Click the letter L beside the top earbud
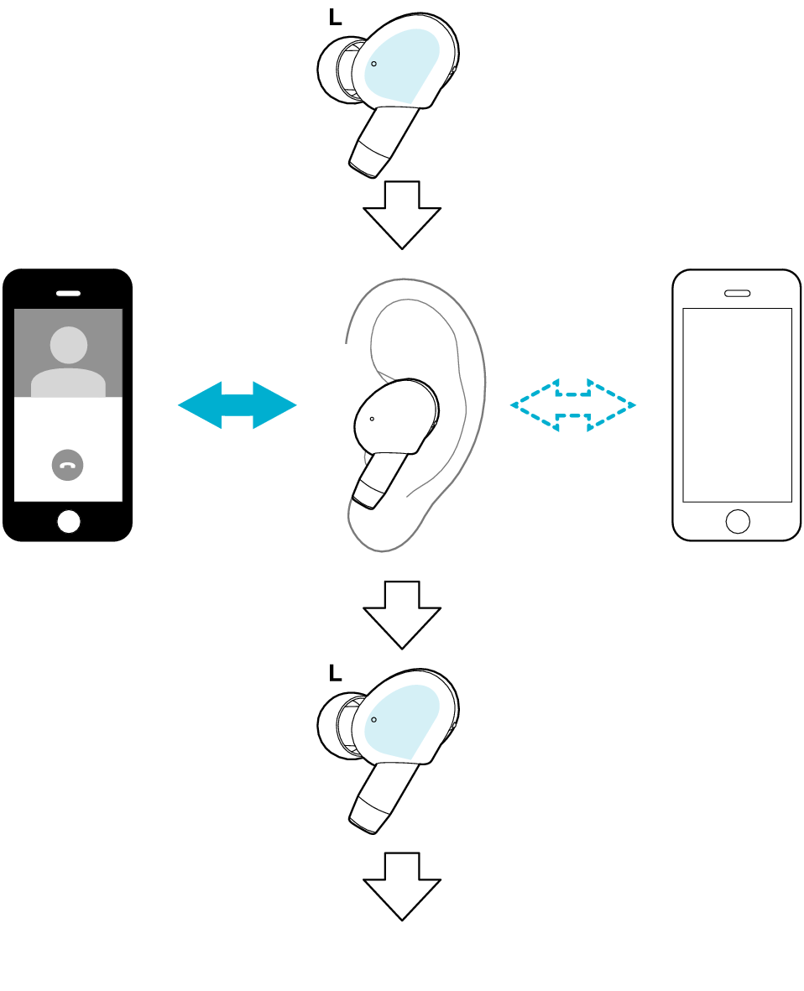coord(336,18)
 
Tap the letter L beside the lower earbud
coord(336,672)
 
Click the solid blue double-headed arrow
coord(237,405)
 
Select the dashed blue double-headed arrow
coord(573,405)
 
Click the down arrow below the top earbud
coord(402,213)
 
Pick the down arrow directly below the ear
coord(402,613)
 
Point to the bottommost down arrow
coord(402,885)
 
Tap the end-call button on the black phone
coord(68,465)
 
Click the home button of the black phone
coord(69,521)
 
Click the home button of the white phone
coord(738,521)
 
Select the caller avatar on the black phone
coord(68,361)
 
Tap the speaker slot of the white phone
coord(738,294)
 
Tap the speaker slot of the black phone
coord(68,294)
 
